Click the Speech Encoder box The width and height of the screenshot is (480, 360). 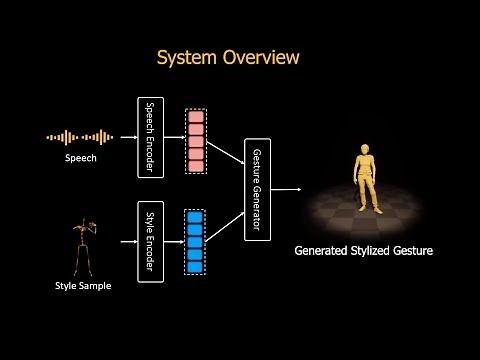coord(150,138)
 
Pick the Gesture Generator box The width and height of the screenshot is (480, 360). coord(258,188)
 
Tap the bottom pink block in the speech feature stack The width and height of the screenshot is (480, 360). coord(196,165)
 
